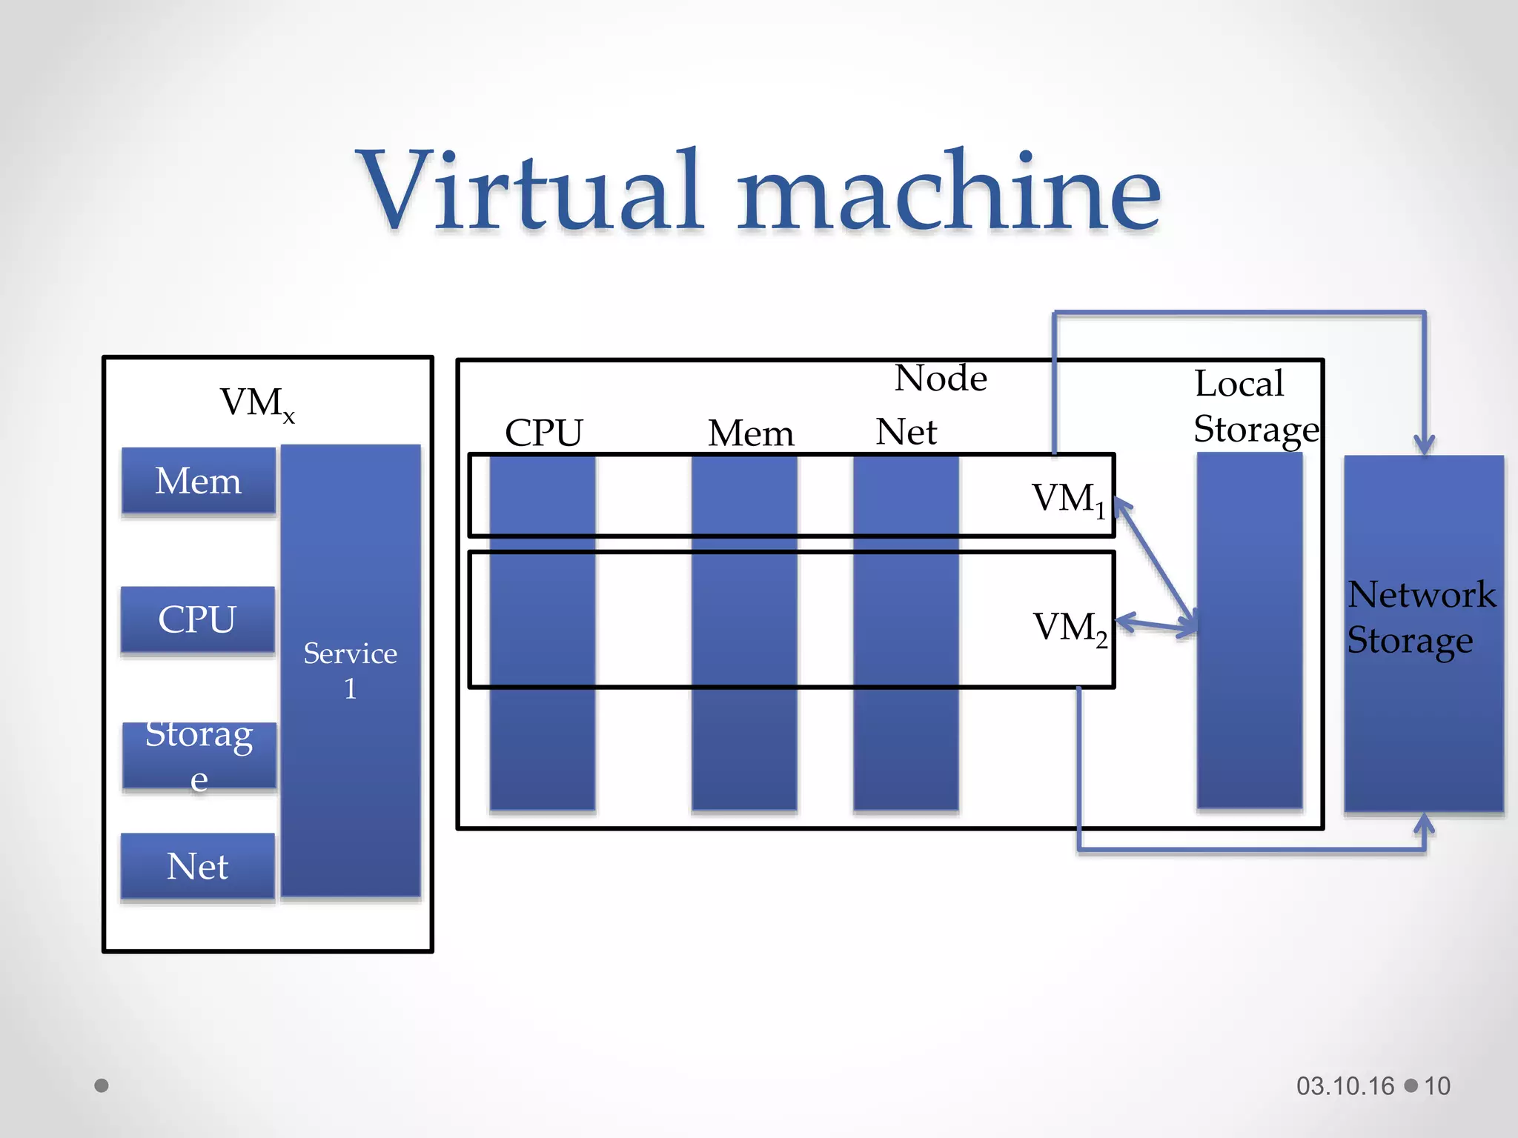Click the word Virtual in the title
click(x=530, y=191)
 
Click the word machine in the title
click(x=949, y=191)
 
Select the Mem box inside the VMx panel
click(x=199, y=481)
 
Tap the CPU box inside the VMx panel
click(x=197, y=619)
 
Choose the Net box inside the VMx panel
click(x=197, y=866)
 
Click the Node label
click(x=941, y=379)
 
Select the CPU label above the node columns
click(x=544, y=433)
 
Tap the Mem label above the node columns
click(x=751, y=433)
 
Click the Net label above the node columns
click(x=906, y=432)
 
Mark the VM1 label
click(x=1068, y=499)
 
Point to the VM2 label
click(x=1070, y=628)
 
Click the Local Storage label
click(x=1256, y=406)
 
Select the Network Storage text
click(x=1419, y=617)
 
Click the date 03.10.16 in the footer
click(x=1345, y=1086)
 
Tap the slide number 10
click(x=1437, y=1086)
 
